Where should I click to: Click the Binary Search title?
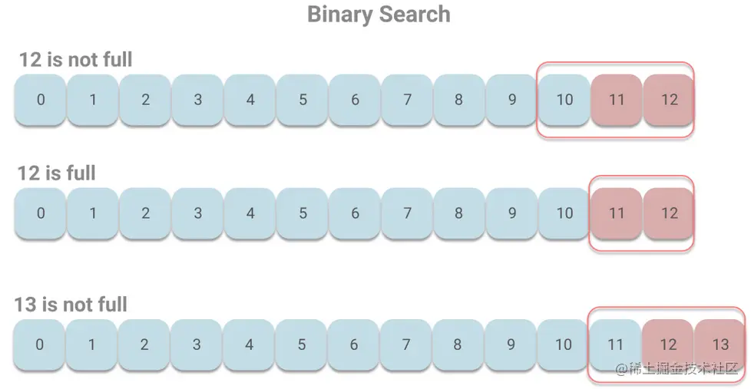click(379, 15)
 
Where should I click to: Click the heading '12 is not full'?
click(75, 59)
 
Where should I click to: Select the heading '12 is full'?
click(57, 173)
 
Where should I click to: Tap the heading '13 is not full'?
click(71, 305)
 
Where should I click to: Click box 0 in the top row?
click(41, 100)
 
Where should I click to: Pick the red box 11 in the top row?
click(617, 100)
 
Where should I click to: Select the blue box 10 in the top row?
click(564, 100)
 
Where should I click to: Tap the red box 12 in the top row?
click(670, 100)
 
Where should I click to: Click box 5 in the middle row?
click(303, 213)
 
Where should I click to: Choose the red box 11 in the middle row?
click(617, 213)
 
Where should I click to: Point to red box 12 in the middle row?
click(670, 213)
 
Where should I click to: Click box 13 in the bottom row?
click(720, 344)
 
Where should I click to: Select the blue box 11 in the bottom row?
click(615, 344)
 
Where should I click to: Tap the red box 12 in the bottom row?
click(668, 344)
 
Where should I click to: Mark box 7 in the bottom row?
click(405, 344)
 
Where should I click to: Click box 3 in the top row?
click(198, 100)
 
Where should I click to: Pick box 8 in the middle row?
click(458, 213)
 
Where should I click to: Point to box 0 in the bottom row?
click(39, 344)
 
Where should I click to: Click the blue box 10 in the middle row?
click(564, 213)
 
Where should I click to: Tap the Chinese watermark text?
click(679, 369)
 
